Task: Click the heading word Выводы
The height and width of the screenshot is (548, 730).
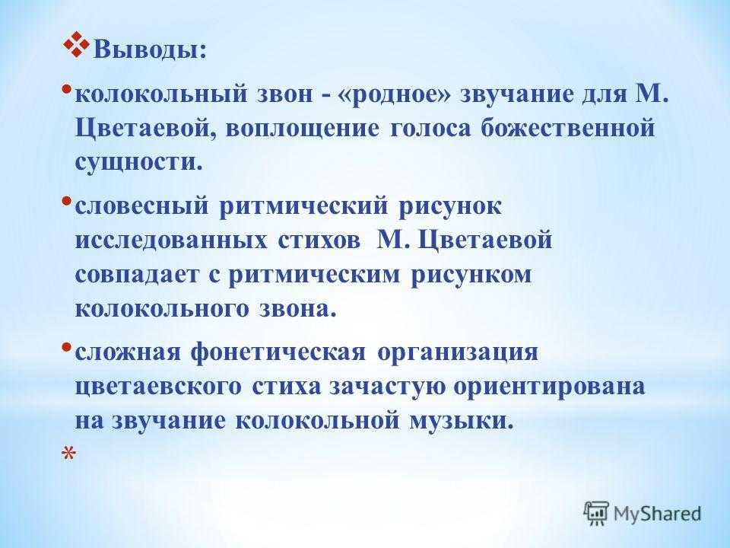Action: tap(150, 50)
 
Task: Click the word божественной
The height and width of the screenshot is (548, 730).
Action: tap(567, 128)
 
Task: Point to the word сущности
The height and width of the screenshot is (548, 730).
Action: tap(138, 163)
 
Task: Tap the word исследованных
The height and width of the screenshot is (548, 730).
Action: tap(171, 241)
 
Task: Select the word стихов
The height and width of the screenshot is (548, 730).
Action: tap(319, 241)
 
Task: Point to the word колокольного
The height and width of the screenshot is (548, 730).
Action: tap(162, 309)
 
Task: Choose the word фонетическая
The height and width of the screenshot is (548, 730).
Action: tap(278, 352)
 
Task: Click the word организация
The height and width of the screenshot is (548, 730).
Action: tap(458, 352)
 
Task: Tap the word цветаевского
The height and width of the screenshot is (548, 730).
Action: tap(158, 387)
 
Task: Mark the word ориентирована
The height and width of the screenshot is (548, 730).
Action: tap(550, 387)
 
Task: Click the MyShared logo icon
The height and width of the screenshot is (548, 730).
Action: tap(597, 513)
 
